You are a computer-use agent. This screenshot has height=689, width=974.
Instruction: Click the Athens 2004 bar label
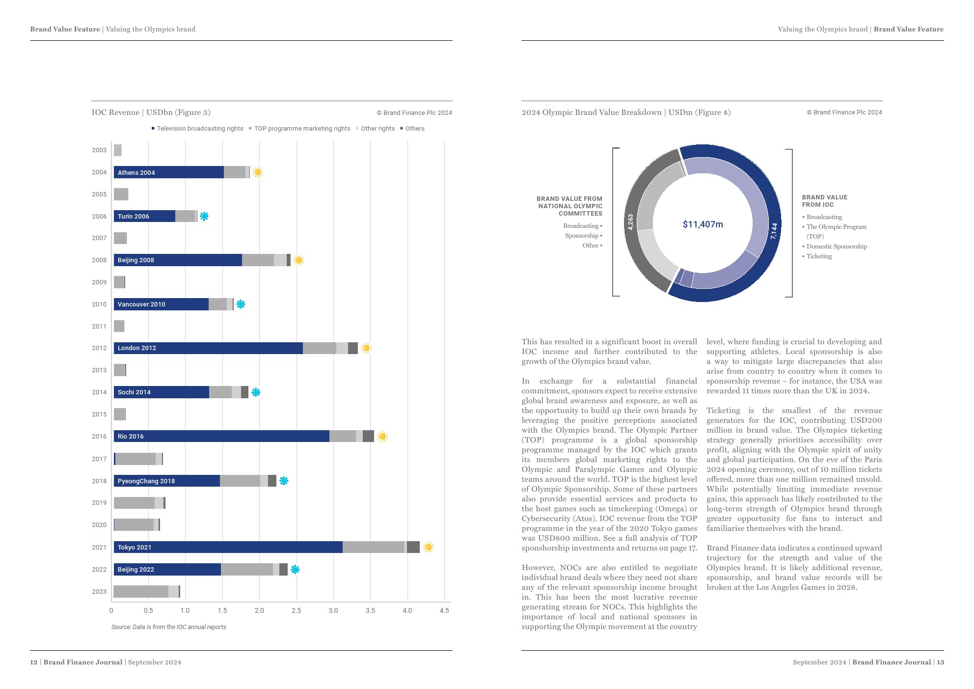tap(136, 172)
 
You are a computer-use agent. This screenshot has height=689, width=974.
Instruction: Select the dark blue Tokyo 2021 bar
tap(228, 547)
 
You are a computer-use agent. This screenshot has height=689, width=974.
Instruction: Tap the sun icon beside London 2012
tap(366, 348)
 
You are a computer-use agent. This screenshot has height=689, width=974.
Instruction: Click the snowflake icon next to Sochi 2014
tap(256, 392)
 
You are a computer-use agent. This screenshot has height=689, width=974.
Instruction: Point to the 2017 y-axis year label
tap(99, 459)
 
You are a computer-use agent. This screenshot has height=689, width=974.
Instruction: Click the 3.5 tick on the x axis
tap(370, 610)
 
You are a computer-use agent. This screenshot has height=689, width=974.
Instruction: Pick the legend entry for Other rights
tap(377, 129)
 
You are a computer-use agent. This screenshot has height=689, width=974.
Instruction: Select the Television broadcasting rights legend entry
tap(199, 129)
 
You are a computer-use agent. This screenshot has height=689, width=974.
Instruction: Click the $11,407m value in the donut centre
tap(703, 224)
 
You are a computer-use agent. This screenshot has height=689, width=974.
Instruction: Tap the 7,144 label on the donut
tap(774, 231)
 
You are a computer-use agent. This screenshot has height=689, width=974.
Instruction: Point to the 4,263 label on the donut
tap(630, 222)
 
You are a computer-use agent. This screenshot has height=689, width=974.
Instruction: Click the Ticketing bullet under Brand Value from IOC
tap(819, 256)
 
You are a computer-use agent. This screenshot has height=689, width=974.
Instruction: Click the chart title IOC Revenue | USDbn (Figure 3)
tap(151, 112)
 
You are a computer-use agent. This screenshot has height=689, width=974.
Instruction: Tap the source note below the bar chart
tap(168, 627)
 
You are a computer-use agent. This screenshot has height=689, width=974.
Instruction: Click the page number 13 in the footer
tap(940, 662)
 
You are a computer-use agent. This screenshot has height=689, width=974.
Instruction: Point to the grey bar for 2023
tap(141, 591)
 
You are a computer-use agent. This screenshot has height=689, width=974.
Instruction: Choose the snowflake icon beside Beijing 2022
tap(295, 569)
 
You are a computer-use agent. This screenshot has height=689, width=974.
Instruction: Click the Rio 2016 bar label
tap(131, 436)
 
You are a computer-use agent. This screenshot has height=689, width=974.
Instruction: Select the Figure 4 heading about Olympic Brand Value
tap(626, 112)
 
